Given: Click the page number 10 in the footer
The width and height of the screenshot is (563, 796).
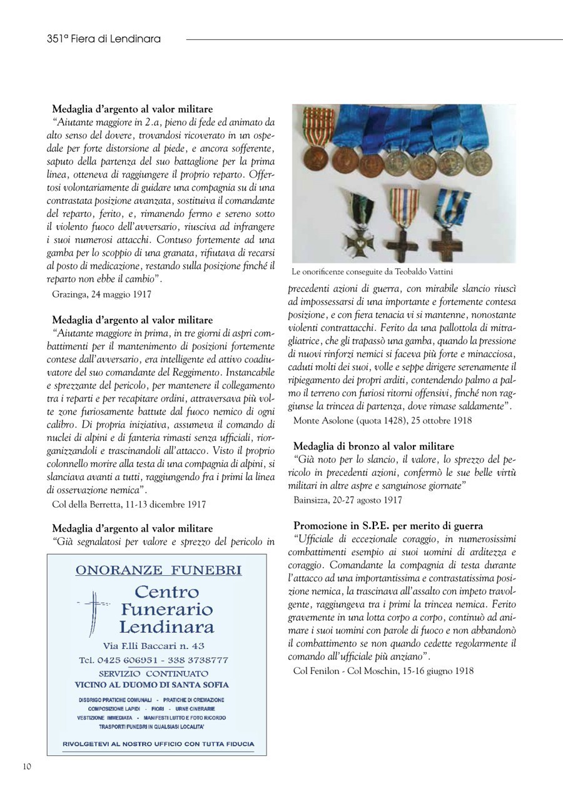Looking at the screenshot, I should [x=27, y=767].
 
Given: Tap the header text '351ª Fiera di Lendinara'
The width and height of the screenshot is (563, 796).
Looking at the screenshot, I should [x=104, y=39].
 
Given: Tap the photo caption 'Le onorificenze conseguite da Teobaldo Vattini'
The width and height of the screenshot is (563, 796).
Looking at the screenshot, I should [x=372, y=272].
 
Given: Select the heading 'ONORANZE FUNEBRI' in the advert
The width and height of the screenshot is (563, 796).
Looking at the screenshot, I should [x=158, y=570].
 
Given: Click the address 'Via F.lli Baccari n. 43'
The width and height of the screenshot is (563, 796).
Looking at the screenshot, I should [x=154, y=645].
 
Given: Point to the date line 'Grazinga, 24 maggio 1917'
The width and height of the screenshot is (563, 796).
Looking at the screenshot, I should [x=101, y=293].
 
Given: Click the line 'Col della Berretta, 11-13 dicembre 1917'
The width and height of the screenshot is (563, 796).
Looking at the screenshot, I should [x=128, y=504].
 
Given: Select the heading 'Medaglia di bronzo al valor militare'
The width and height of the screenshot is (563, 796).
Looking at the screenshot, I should [x=373, y=446].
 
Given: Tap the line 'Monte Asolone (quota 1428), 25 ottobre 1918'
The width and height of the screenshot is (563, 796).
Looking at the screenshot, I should [x=382, y=420].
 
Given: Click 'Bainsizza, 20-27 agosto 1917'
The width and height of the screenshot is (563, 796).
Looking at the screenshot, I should [x=347, y=500].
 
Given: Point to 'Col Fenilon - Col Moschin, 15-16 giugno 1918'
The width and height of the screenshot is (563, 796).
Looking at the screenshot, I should [x=383, y=671].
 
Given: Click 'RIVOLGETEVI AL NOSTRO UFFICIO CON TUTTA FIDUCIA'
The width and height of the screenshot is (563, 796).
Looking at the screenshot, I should [x=158, y=743].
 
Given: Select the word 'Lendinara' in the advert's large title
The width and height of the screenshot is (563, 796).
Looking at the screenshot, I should [x=166, y=627].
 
